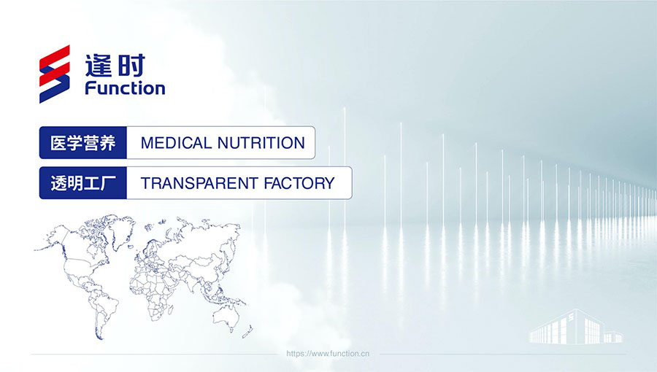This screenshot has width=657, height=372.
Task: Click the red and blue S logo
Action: point(55,74)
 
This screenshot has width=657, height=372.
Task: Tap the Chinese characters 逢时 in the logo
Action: point(115,65)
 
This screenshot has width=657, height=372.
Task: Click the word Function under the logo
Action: point(125,88)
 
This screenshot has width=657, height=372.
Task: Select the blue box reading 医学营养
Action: point(83,143)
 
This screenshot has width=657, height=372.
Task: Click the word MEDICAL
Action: point(176,143)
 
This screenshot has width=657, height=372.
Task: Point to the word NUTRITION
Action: point(261,143)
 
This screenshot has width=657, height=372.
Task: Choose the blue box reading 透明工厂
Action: point(83,183)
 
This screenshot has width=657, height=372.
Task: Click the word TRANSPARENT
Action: point(199,183)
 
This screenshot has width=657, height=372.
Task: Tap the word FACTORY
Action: point(299,183)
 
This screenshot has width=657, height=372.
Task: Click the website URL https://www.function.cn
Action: point(328,354)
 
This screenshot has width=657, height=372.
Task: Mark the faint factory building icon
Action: point(576,327)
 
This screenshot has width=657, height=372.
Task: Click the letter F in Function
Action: point(90,88)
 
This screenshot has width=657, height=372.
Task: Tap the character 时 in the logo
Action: point(131,65)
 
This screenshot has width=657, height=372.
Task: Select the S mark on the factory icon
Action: point(571,317)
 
